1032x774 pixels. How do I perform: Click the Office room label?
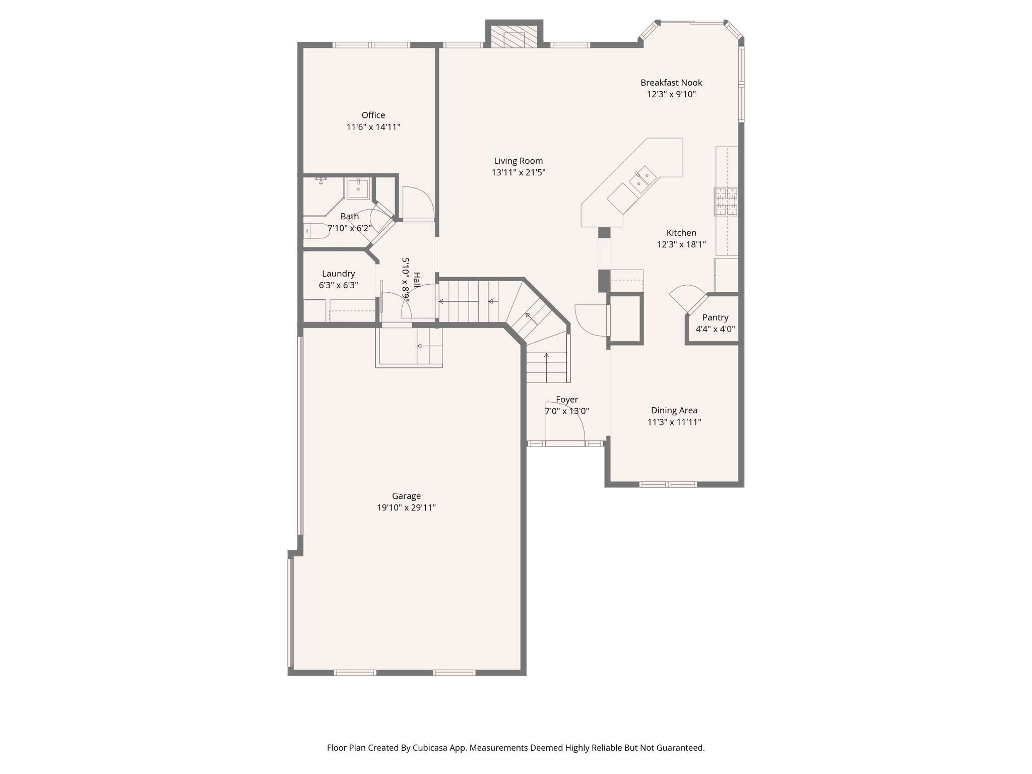[x=373, y=115]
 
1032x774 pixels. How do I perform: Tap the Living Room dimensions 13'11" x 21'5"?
[x=519, y=172]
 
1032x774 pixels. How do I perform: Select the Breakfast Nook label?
[x=671, y=83]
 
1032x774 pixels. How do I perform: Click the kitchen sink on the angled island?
[x=643, y=179]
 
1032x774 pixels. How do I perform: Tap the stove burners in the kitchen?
[x=726, y=201]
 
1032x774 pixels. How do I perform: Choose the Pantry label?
[x=715, y=317]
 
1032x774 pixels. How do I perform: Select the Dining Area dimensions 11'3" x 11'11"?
[x=674, y=422]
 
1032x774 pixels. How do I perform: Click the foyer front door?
[x=565, y=443]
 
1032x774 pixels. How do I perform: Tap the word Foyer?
[x=567, y=400]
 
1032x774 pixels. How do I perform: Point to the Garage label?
[x=406, y=496]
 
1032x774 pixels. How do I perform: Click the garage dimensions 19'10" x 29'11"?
[x=406, y=507]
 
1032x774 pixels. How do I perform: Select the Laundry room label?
[x=338, y=274]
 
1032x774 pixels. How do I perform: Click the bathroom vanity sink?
[x=358, y=187]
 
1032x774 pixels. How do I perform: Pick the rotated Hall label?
[x=417, y=280]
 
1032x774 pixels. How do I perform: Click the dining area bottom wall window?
[x=668, y=484]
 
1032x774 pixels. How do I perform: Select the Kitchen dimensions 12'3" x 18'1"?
[x=681, y=244]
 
